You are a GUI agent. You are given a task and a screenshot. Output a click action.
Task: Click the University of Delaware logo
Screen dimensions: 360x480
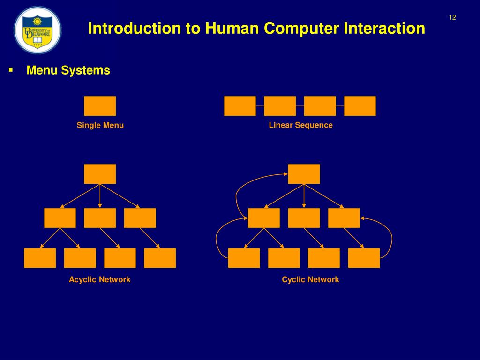(x=37, y=30)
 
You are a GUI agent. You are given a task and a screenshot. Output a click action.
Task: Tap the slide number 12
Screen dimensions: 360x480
(x=452, y=18)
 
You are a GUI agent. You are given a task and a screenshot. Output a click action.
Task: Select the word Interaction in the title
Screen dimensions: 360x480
(x=384, y=29)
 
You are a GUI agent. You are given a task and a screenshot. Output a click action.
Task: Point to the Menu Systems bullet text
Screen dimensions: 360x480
(x=68, y=70)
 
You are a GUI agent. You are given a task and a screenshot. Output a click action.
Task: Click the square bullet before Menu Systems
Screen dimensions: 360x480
(x=10, y=70)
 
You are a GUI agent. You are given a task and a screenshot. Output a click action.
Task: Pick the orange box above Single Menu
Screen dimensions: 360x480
(x=100, y=106)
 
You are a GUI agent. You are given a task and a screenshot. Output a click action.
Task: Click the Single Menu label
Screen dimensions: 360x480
(x=100, y=125)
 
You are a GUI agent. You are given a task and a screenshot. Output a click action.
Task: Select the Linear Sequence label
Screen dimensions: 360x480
(x=300, y=125)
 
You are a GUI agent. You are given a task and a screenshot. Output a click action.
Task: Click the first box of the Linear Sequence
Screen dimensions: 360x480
(x=240, y=106)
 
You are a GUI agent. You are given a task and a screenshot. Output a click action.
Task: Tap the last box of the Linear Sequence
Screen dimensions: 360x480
(x=360, y=106)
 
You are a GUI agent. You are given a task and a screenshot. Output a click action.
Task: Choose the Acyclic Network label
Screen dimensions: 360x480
(x=99, y=280)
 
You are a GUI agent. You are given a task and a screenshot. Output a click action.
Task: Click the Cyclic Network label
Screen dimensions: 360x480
(x=310, y=280)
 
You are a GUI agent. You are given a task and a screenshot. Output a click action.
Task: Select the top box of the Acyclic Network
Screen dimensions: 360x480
(x=100, y=174)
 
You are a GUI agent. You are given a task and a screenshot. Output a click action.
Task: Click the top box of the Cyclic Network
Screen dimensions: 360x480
(x=304, y=174)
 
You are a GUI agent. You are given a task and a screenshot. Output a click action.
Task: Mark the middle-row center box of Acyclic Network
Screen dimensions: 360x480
(x=100, y=218)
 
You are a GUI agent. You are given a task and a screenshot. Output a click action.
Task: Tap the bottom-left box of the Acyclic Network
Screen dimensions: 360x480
(x=40, y=258)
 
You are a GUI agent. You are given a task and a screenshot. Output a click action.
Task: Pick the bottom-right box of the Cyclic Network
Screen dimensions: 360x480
(x=364, y=258)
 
